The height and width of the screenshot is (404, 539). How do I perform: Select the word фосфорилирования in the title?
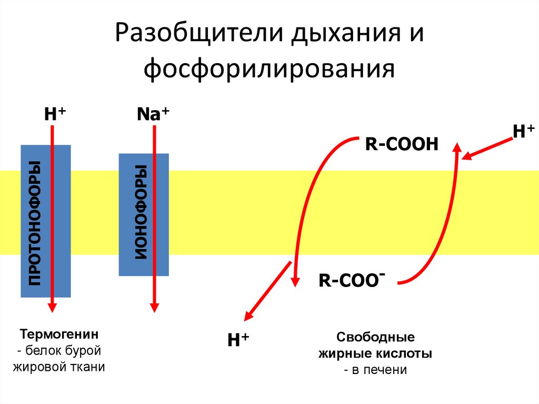[269, 68]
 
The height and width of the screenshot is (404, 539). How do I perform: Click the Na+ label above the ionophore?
[152, 114]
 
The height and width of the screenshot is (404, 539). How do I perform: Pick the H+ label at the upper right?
[523, 131]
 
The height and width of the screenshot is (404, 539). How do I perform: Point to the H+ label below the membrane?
[237, 340]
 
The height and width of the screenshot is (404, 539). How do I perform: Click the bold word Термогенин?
[59, 334]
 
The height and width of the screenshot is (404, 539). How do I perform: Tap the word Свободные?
[375, 337]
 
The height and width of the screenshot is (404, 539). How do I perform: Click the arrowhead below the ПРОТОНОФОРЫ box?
[52, 307]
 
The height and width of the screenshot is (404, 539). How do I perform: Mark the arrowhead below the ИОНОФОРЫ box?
[154, 307]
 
